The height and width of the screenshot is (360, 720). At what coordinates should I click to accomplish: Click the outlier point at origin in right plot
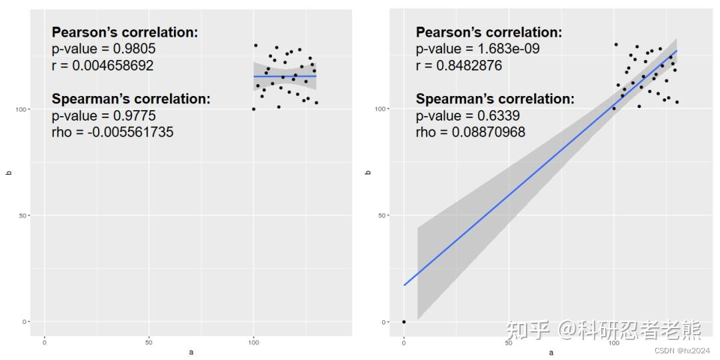click(x=404, y=322)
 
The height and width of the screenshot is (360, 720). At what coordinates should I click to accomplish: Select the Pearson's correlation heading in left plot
click(x=125, y=33)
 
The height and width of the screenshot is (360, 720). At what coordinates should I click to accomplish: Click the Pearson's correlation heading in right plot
click(x=489, y=33)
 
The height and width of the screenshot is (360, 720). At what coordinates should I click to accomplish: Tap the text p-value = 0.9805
click(x=103, y=49)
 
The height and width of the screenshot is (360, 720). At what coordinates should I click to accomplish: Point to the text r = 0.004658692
click(x=102, y=66)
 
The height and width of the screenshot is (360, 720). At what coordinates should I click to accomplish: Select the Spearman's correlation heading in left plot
click(x=131, y=99)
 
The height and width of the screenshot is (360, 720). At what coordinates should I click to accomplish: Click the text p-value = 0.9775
click(x=103, y=116)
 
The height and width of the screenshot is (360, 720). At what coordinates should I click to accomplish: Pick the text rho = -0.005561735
click(x=112, y=132)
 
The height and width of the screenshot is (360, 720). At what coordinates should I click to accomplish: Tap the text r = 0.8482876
click(x=459, y=66)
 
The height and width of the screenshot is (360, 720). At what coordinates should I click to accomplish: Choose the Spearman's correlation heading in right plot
click(x=495, y=99)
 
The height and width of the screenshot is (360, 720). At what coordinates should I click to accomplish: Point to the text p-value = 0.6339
click(x=468, y=116)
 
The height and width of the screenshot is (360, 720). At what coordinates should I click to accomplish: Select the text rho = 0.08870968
click(x=470, y=132)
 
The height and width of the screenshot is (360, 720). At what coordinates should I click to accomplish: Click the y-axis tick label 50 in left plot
click(x=25, y=215)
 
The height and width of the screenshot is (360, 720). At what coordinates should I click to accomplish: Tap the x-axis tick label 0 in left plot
click(x=45, y=342)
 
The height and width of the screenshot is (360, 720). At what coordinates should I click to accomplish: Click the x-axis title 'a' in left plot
click(x=191, y=353)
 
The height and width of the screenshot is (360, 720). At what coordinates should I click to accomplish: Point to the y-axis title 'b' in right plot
click(x=369, y=173)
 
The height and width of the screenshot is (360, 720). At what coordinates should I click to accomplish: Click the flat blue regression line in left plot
click(x=285, y=77)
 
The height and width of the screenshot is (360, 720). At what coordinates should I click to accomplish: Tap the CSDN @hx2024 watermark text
click(x=682, y=351)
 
